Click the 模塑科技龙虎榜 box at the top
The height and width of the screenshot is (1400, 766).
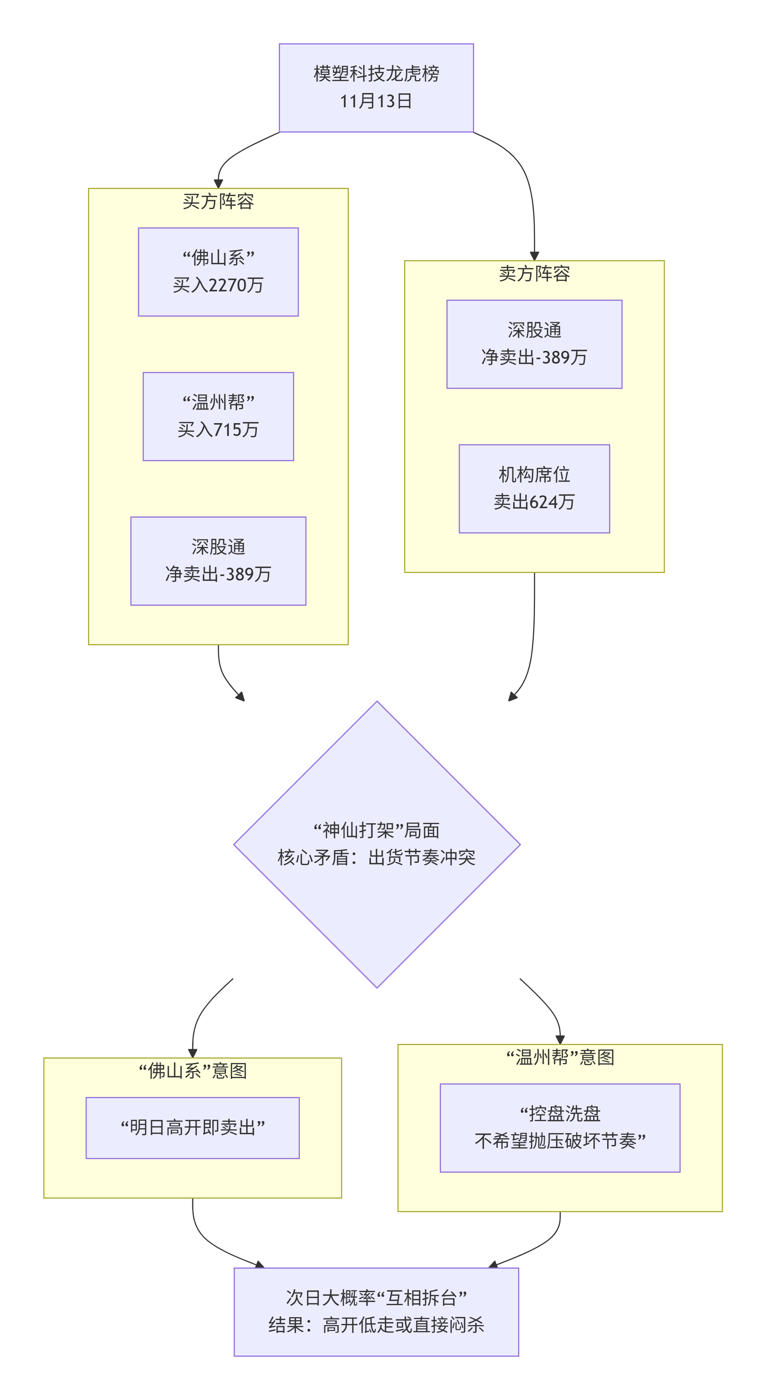click(376, 87)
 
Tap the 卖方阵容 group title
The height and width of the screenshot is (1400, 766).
click(534, 273)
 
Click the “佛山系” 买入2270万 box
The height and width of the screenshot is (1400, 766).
click(218, 272)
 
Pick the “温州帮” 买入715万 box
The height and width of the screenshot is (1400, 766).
click(218, 416)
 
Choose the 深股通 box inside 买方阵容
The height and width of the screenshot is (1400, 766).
click(218, 561)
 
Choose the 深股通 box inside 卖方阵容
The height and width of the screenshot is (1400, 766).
click(534, 344)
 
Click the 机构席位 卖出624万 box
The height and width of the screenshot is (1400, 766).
click(534, 489)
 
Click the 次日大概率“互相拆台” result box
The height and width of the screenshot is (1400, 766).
click(376, 1312)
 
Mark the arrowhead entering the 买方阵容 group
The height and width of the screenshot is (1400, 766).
click(218, 184)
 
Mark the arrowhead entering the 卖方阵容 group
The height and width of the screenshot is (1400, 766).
click(534, 256)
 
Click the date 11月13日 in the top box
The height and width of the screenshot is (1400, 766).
click(376, 101)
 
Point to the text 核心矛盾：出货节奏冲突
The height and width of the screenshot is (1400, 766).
click(377, 858)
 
